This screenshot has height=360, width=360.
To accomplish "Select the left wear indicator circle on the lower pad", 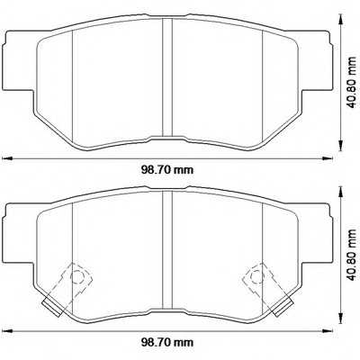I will [x=76, y=276].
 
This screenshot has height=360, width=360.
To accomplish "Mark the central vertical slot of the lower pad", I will [x=166, y=252].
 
